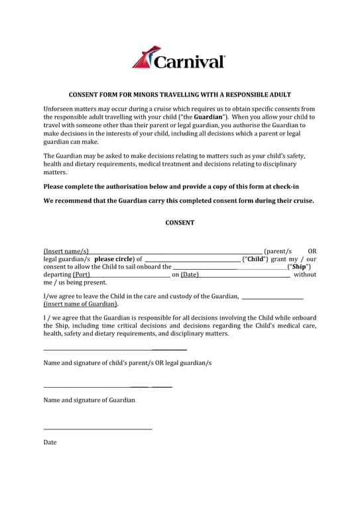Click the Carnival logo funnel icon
(x=143, y=57)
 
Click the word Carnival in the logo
(x=189, y=62)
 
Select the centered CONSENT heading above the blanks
(x=180, y=223)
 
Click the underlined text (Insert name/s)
(x=66, y=251)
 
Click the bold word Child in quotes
(x=257, y=259)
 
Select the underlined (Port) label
(x=82, y=274)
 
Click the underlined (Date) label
(x=190, y=274)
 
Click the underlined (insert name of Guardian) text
(x=81, y=304)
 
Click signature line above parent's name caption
(x=115, y=349)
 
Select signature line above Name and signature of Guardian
(x=107, y=386)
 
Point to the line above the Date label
(x=97, y=429)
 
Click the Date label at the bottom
(x=50, y=442)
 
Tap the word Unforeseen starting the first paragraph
(x=61, y=109)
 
